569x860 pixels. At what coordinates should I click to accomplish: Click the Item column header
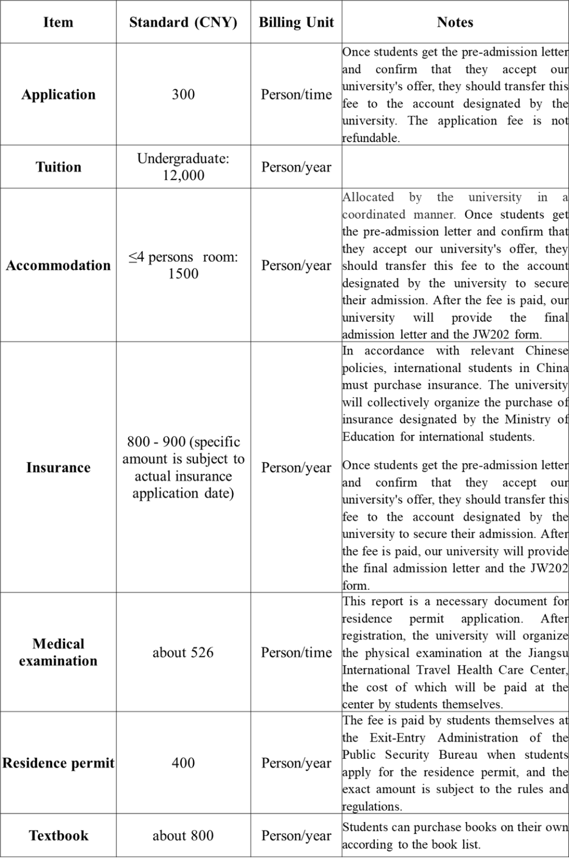click(x=58, y=22)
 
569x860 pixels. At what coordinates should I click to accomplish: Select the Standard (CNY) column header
click(x=183, y=22)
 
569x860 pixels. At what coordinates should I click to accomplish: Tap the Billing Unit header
click(x=296, y=22)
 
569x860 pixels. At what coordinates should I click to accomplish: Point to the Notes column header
click(x=455, y=22)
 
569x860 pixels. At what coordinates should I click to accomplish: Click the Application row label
click(x=58, y=94)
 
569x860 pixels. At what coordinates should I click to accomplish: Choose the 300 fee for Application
click(x=183, y=94)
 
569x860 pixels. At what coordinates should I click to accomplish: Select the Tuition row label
click(x=58, y=167)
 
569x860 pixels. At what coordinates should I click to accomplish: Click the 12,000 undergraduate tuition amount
click(x=183, y=175)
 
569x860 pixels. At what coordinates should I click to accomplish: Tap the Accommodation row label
click(x=58, y=265)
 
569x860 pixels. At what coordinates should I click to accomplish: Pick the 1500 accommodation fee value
click(x=183, y=273)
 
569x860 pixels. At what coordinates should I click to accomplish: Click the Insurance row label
click(x=58, y=467)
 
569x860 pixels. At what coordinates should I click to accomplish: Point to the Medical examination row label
click(x=58, y=652)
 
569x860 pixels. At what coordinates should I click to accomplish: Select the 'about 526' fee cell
click(x=183, y=652)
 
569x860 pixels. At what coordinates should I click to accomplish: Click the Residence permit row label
click(x=58, y=763)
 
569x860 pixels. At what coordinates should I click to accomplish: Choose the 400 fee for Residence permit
click(x=183, y=763)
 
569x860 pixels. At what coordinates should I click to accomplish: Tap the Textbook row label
click(x=58, y=836)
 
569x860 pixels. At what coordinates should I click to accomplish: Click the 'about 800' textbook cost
click(x=183, y=836)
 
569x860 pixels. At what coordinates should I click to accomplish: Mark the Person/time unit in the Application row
click(x=296, y=94)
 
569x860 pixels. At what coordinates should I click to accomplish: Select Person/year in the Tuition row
click(x=296, y=167)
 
